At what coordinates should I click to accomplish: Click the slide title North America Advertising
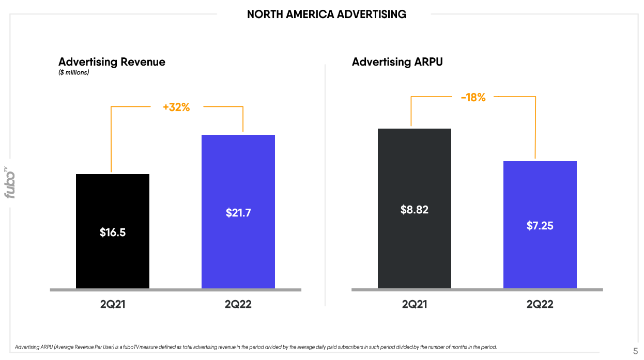pyautogui.click(x=327, y=14)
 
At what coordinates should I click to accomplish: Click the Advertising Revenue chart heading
pyautogui.click(x=112, y=62)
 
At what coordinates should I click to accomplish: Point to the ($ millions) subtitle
pyautogui.click(x=73, y=73)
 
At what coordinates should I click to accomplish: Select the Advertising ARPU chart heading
pyautogui.click(x=397, y=62)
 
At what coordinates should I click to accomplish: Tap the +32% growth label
pyautogui.click(x=176, y=107)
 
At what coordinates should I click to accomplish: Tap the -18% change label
pyautogui.click(x=473, y=97)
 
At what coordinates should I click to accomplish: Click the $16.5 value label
pyautogui.click(x=113, y=232)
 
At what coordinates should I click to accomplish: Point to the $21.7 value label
pyautogui.click(x=238, y=213)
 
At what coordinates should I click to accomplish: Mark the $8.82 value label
pyautogui.click(x=415, y=210)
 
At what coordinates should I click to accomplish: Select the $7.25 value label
pyautogui.click(x=540, y=226)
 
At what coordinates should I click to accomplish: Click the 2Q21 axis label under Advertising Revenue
pyautogui.click(x=113, y=304)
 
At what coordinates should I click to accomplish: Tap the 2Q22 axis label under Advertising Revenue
pyautogui.click(x=238, y=304)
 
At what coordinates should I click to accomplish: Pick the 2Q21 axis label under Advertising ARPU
pyautogui.click(x=415, y=304)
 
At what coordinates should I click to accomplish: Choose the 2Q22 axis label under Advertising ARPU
pyautogui.click(x=540, y=304)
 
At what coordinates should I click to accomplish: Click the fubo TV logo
pyautogui.click(x=9, y=182)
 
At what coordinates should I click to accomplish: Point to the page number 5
pyautogui.click(x=635, y=351)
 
